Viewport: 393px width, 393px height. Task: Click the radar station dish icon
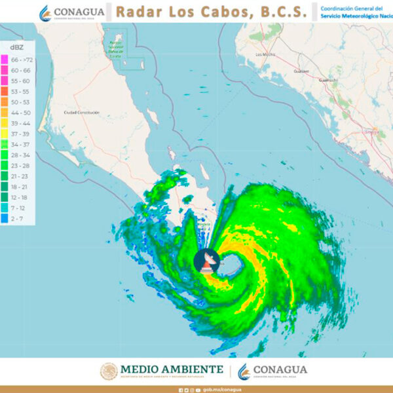[208, 261]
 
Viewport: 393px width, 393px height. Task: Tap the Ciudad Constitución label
[81, 113]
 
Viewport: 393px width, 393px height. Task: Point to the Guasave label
[301, 71]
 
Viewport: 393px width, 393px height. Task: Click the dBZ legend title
[17, 48]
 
